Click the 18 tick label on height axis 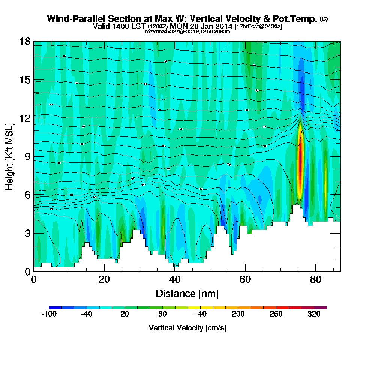coord(25,41)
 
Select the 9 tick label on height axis coord(28,156)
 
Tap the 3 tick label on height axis coord(28,233)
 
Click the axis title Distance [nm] coord(187,293)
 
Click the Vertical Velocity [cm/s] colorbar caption coord(187,328)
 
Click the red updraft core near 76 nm coord(300,161)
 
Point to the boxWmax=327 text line coord(187,31)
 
